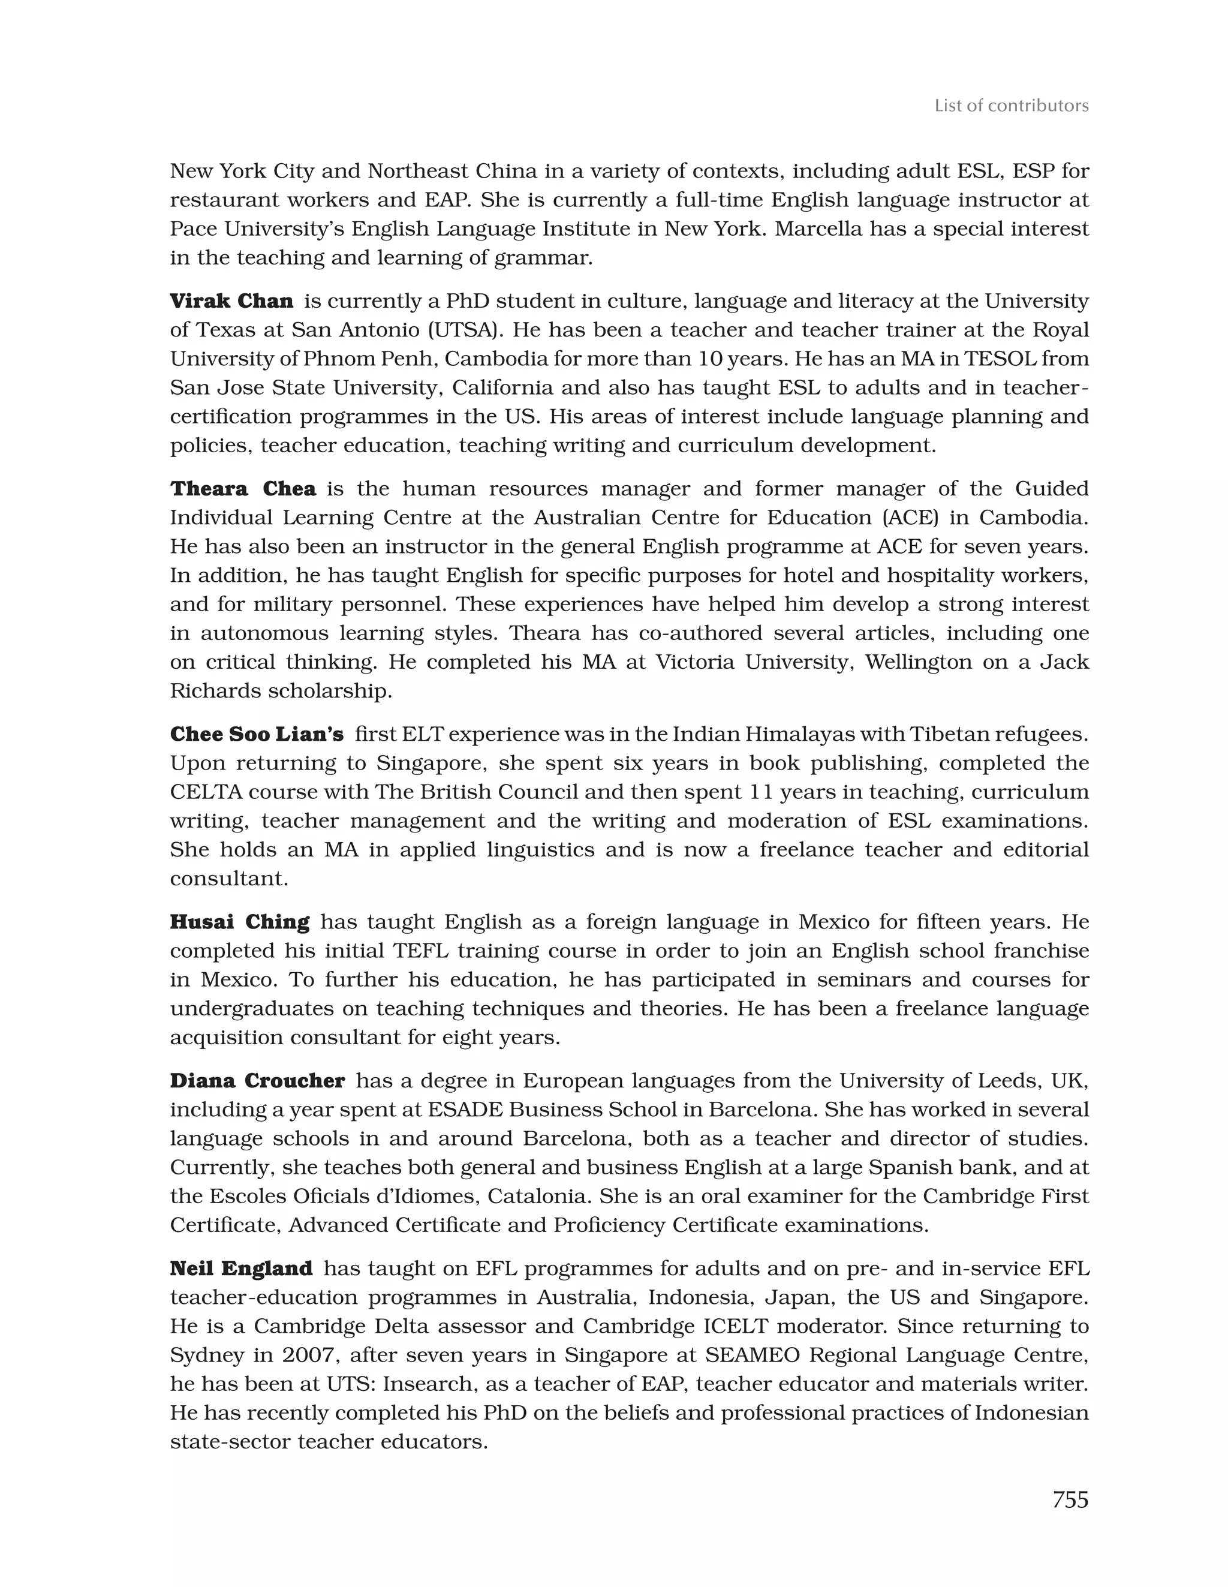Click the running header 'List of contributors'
tap(1011, 106)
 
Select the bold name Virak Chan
tap(231, 301)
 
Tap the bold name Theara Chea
tap(243, 488)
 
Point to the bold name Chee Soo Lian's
tap(257, 734)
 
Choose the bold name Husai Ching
tap(239, 922)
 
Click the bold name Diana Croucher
tap(257, 1081)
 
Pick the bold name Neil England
tap(240, 1269)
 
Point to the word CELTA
tap(202, 792)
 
